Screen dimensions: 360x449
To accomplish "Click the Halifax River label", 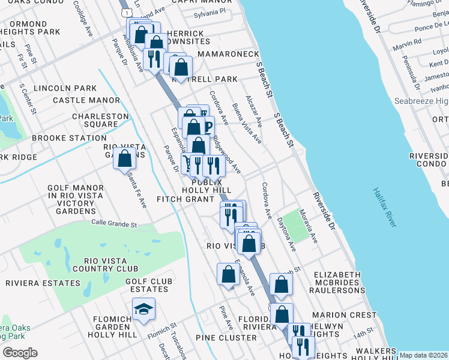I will [x=385, y=207].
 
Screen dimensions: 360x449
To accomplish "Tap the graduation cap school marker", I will [x=143, y=310].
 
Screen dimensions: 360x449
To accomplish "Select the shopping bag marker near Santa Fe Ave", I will [x=125, y=159].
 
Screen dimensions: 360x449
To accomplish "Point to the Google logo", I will [x=20, y=352].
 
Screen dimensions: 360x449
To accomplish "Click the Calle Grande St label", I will [x=114, y=224].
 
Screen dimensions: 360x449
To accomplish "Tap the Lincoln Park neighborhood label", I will [x=65, y=88].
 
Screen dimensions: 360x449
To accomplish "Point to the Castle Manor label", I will [x=86, y=100].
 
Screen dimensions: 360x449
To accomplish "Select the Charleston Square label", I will [x=100, y=120].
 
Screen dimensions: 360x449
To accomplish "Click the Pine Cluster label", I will [x=229, y=338].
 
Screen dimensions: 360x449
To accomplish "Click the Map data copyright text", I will [x=423, y=355].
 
